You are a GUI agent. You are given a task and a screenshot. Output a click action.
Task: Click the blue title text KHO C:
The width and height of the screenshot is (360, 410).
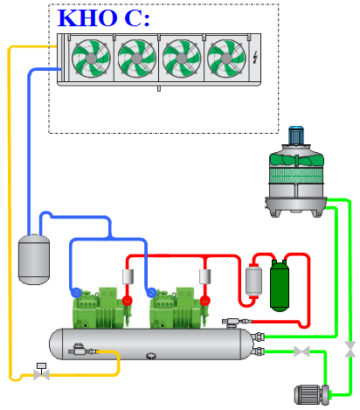(103, 18)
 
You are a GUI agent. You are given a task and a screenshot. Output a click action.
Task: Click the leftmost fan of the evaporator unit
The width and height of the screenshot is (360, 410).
(91, 59)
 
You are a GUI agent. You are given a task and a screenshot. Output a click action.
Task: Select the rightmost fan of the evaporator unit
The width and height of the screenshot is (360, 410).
(226, 59)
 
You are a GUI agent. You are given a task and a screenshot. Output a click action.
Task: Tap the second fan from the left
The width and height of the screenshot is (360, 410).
(136, 59)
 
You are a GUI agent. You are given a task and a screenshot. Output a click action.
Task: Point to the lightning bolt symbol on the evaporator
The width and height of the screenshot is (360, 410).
(255, 58)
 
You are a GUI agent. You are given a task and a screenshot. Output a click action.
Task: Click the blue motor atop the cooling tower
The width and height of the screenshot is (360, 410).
(296, 136)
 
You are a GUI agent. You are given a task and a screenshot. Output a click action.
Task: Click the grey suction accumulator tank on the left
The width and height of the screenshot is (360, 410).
(34, 260)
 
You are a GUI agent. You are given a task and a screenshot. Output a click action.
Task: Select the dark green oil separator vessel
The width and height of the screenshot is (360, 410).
(280, 286)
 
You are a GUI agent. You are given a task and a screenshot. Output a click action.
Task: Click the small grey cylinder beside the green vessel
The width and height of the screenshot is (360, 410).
(253, 281)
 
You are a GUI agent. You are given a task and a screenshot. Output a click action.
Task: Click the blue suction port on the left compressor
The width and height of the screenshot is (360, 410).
(76, 292)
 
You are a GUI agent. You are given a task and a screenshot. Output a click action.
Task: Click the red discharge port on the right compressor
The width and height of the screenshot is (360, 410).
(205, 300)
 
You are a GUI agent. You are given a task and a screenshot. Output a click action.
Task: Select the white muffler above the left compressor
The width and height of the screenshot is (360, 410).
(128, 276)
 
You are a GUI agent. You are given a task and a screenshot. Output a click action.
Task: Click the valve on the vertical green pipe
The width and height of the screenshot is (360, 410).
(350, 350)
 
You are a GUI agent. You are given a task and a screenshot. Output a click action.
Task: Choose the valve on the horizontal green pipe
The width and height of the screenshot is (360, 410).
(301, 351)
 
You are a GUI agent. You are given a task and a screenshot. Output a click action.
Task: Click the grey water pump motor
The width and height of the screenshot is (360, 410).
(312, 395)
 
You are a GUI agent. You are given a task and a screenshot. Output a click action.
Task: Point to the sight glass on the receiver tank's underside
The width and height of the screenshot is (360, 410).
(151, 356)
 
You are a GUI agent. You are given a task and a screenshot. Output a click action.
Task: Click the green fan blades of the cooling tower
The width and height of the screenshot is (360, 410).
(296, 161)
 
